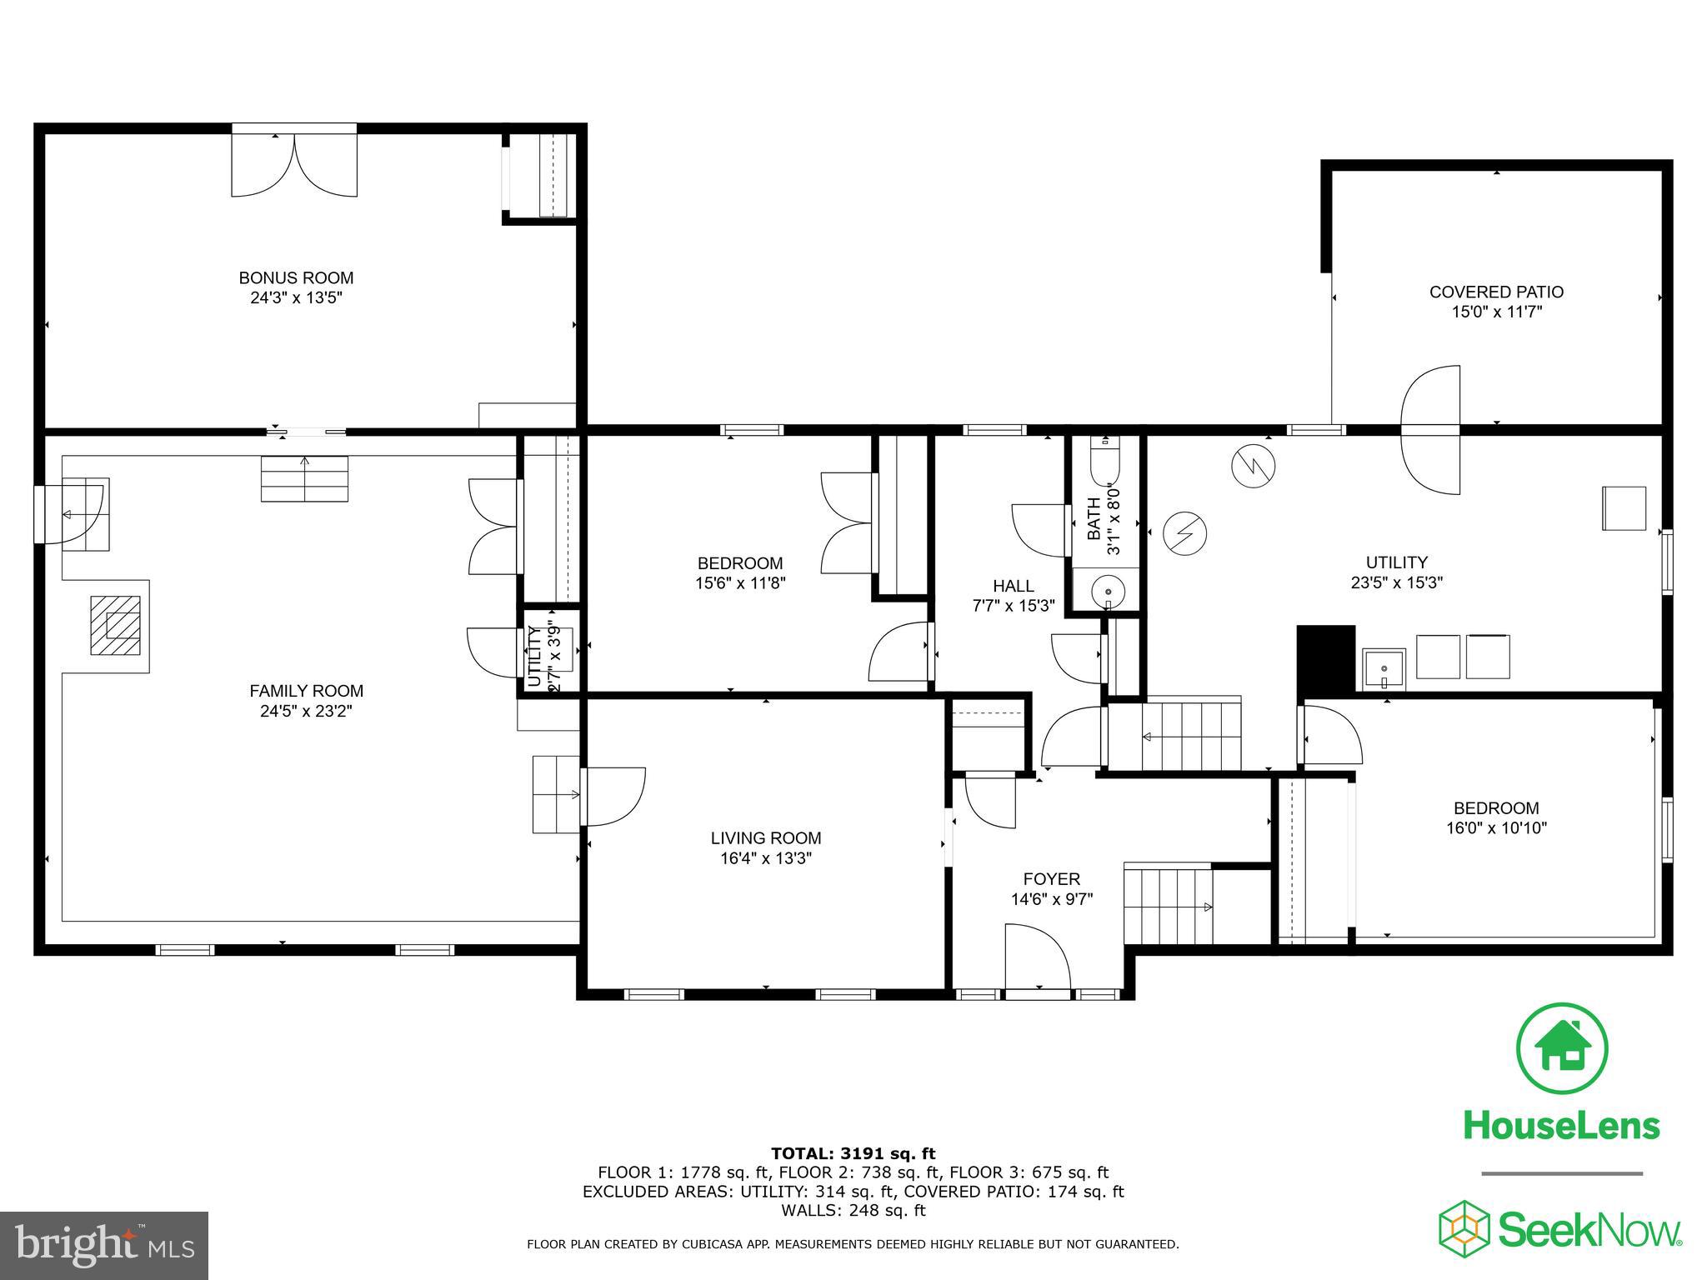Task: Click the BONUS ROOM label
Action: [296, 278]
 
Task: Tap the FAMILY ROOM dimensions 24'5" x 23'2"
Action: [306, 711]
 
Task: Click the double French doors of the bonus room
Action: [294, 164]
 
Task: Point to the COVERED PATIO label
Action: [1496, 292]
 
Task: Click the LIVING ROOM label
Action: [765, 838]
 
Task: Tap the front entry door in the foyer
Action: [1038, 958]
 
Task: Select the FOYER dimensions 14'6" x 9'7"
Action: [1051, 899]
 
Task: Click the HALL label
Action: [1013, 586]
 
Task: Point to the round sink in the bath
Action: [1108, 589]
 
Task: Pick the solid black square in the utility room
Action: [1326, 658]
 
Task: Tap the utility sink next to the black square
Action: [1384, 670]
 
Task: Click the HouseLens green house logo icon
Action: [1561, 1049]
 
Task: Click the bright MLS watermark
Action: [104, 1245]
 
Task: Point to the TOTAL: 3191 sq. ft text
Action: [853, 1153]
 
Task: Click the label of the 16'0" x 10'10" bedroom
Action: [1495, 807]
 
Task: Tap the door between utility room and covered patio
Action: [1430, 430]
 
